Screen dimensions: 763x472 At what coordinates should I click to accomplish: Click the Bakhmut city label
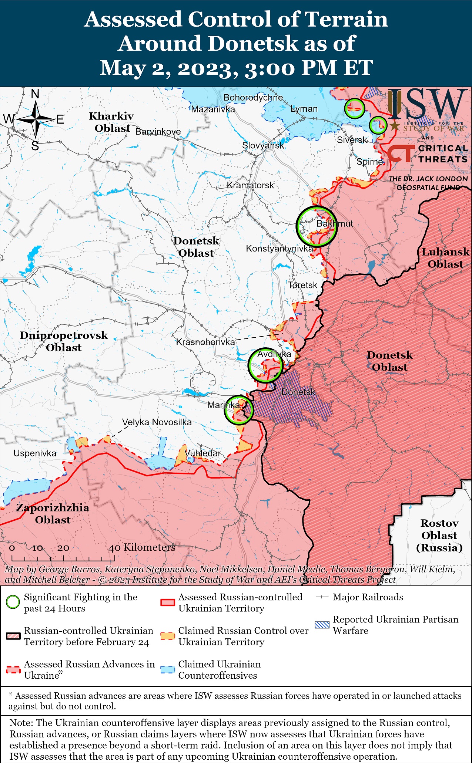334,223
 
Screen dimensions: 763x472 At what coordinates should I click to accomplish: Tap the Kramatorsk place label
250,185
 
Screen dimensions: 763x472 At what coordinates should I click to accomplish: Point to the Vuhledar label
202,453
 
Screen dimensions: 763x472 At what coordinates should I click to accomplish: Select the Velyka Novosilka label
157,422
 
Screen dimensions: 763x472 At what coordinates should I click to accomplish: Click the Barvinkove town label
158,132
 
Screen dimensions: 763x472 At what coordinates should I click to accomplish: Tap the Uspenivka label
35,453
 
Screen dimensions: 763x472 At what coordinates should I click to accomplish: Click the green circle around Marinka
239,409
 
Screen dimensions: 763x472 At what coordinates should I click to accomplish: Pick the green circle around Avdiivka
265,365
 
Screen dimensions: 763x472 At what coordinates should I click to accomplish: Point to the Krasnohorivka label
205,342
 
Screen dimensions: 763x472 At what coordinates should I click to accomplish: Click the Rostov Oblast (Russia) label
439,535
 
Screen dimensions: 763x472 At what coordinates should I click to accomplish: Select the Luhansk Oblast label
445,258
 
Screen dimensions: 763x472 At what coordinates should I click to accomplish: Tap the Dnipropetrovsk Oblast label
64,341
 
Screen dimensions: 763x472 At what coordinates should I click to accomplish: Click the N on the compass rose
35,94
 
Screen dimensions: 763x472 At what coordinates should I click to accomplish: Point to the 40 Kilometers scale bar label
142,547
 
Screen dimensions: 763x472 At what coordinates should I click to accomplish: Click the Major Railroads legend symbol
322,597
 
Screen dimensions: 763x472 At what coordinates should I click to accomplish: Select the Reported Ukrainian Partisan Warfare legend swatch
322,625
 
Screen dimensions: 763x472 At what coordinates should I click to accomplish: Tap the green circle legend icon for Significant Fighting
13,602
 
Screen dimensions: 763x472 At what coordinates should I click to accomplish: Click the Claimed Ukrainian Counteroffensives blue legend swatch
167,670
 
